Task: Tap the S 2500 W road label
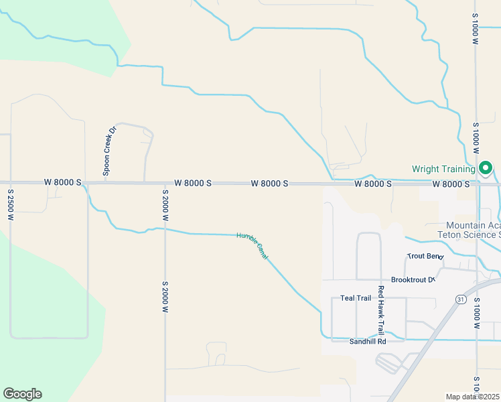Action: pos(11,205)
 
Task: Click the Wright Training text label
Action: pos(443,170)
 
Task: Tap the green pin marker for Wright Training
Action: pos(486,167)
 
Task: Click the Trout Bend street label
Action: pos(425,257)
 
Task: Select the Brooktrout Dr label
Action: pos(413,279)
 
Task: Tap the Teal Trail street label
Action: pos(356,298)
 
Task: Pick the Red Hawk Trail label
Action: pos(380,310)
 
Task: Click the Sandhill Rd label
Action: pos(368,342)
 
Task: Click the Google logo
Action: pos(22,394)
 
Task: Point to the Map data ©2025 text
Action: pos(472,397)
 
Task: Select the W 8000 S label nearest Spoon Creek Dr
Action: pos(63,182)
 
